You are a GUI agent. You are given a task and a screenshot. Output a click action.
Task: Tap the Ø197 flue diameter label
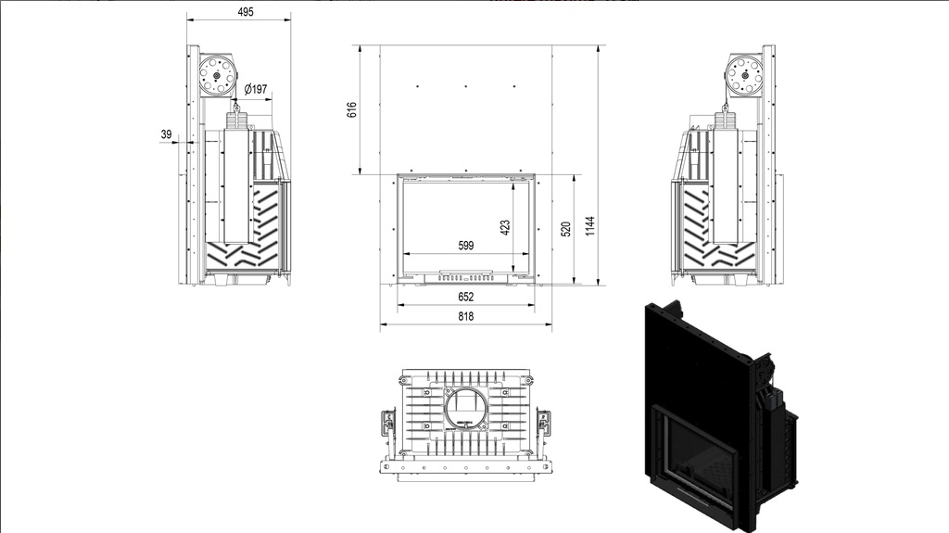click(x=256, y=89)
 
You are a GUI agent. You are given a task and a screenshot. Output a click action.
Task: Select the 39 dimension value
click(x=166, y=134)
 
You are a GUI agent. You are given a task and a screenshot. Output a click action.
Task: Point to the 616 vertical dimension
click(x=351, y=109)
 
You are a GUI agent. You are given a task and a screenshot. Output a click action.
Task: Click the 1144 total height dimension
click(x=590, y=226)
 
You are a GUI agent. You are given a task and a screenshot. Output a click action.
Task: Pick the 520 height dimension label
click(x=566, y=229)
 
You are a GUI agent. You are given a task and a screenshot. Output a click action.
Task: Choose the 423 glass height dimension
click(x=505, y=227)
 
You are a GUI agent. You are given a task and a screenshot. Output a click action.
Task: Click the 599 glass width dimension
click(x=465, y=246)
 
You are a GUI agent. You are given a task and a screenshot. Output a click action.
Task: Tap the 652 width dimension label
click(x=465, y=297)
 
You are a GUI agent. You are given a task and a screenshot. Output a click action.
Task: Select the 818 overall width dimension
click(x=465, y=316)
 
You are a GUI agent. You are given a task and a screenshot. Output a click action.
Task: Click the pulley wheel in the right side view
click(x=744, y=74)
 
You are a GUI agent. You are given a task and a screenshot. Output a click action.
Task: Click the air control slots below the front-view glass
click(x=465, y=279)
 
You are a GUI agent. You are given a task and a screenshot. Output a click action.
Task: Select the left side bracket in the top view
click(x=388, y=422)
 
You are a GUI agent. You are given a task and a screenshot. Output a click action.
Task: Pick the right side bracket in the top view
click(x=543, y=422)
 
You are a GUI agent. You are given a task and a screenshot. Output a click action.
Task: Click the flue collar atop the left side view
click(x=238, y=117)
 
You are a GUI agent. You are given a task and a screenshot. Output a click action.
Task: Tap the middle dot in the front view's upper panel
click(x=465, y=86)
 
